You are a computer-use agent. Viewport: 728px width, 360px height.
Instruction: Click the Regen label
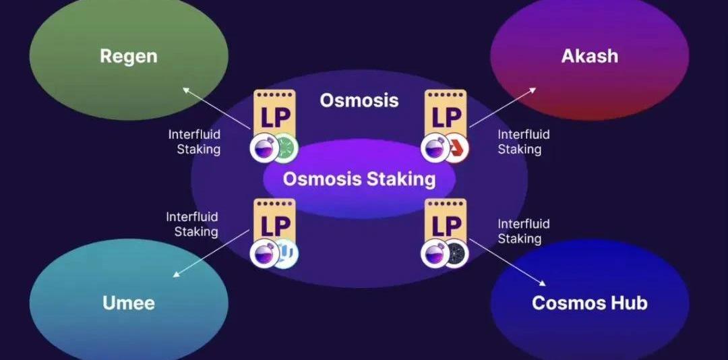[128, 56]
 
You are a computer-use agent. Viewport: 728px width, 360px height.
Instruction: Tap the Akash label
[589, 56]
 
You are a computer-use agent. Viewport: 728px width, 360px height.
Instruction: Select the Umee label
[128, 303]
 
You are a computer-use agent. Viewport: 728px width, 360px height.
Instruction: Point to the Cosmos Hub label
[589, 303]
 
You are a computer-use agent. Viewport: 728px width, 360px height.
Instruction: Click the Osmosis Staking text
[359, 179]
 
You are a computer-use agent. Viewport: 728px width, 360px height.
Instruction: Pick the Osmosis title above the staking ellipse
[359, 100]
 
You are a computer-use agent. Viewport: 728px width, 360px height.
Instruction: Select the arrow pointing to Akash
[503, 107]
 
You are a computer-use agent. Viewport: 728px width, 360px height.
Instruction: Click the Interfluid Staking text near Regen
[194, 142]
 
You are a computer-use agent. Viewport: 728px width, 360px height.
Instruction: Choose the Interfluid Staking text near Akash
[523, 142]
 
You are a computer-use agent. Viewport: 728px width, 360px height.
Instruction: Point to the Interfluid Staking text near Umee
[192, 224]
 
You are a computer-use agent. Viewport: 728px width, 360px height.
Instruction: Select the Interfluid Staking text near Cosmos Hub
[523, 231]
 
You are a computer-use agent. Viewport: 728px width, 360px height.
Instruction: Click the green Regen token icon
[284, 148]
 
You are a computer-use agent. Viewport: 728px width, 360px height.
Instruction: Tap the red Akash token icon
[456, 148]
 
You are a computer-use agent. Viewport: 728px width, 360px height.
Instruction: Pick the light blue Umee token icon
[284, 254]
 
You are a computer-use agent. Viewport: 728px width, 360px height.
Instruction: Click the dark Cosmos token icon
[456, 254]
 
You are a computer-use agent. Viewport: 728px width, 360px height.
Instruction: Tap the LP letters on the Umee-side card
[274, 224]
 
